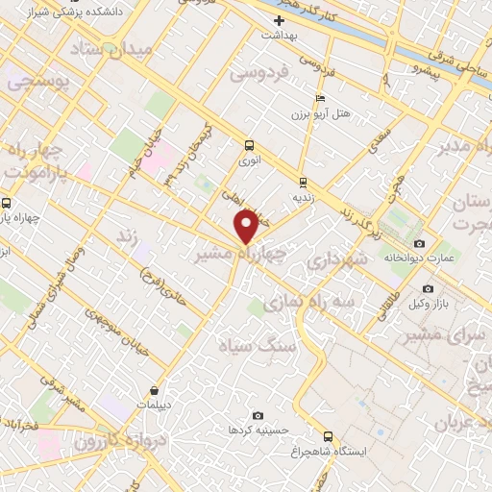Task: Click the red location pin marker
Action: point(246,227)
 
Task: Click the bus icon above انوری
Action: point(250,146)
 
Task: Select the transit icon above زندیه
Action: point(303,181)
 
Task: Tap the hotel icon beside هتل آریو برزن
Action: point(320,98)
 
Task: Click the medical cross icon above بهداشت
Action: point(280,20)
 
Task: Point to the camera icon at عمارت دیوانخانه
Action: point(419,244)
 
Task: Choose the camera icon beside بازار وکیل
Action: point(428,288)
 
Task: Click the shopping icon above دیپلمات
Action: point(155,391)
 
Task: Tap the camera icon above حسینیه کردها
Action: point(258,415)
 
